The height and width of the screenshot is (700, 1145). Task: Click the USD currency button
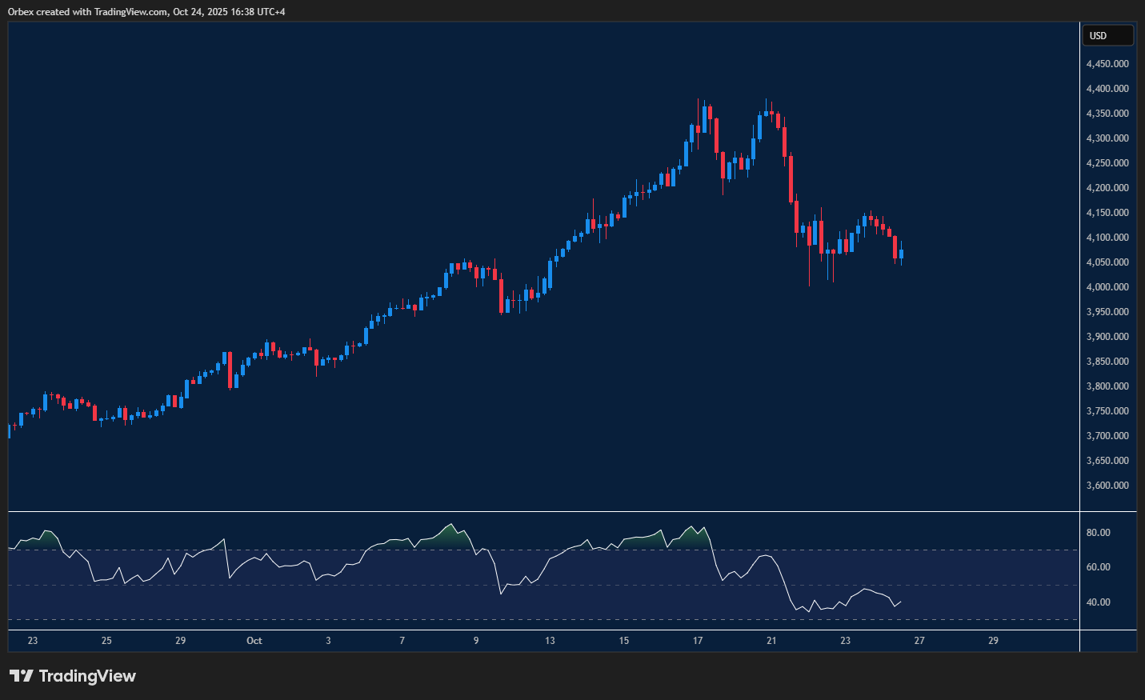[1107, 35]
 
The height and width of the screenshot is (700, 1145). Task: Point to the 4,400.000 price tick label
[1107, 89]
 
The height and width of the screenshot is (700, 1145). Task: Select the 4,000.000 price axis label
[1107, 287]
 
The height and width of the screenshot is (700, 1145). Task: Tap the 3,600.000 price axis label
[1107, 486]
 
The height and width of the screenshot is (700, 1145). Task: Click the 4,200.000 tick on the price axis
[1107, 188]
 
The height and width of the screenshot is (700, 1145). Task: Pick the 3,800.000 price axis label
[1107, 386]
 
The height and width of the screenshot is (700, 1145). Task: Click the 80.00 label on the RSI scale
[1098, 533]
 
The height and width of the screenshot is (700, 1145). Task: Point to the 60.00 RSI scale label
[1098, 567]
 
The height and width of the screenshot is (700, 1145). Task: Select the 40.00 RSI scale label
[1098, 602]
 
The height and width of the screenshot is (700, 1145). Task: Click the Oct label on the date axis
[254, 641]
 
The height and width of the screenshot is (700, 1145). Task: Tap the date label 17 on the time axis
[698, 641]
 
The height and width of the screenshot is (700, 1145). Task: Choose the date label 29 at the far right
[993, 641]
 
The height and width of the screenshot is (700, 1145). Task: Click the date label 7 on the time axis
[402, 641]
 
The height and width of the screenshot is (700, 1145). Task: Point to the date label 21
[771, 641]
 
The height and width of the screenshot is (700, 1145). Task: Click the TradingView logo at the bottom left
[73, 676]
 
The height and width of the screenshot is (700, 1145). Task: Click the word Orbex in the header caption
[21, 12]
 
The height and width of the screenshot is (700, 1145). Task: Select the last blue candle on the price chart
[902, 255]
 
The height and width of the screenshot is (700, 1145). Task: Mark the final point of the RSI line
[902, 602]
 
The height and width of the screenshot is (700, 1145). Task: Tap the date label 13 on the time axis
[550, 641]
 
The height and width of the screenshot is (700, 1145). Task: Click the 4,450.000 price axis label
[1107, 64]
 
